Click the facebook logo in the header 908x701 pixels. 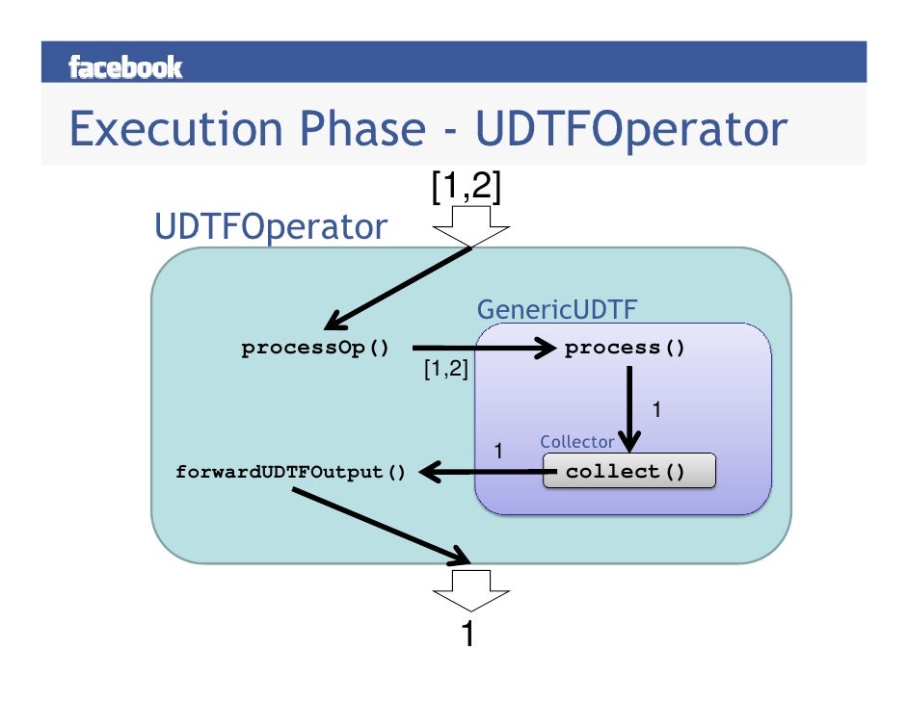125,66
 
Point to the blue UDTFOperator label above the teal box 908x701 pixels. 271,227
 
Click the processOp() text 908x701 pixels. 315,349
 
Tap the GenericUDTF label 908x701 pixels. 557,310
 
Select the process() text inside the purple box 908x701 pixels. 625,349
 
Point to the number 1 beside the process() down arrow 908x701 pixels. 656,410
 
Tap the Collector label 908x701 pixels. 576,442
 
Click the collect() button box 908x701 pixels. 629,472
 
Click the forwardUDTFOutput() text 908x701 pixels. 290,473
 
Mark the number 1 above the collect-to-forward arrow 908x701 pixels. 498,450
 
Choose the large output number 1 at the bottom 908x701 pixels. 468,636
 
